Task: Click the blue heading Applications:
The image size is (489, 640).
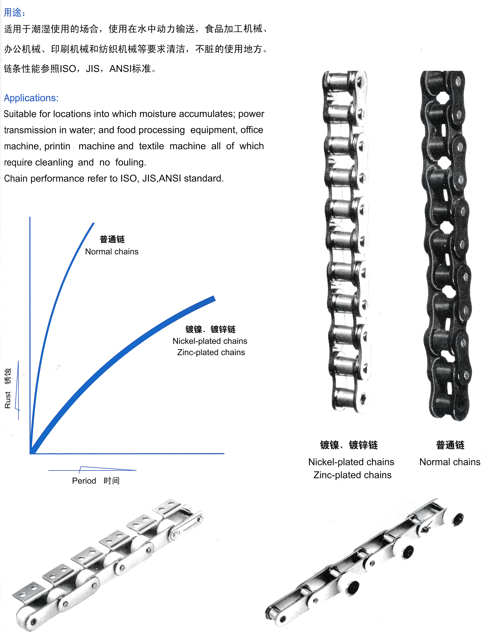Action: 31,98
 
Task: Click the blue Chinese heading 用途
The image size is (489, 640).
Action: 13,12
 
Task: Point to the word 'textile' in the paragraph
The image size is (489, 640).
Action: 151,146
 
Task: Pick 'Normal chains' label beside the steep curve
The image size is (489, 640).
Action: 112,251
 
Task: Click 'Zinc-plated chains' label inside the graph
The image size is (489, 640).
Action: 211,352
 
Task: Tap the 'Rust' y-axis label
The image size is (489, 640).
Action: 8,400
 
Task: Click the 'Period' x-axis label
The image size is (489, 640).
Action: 84,481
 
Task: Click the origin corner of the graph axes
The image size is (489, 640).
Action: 30,453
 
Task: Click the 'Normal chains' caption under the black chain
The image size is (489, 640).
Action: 450,462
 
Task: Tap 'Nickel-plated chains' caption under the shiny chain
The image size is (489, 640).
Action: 351,462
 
